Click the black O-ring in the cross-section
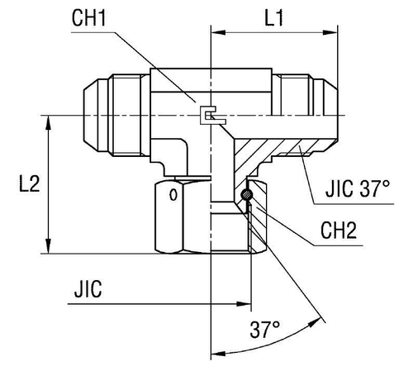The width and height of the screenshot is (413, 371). click(x=247, y=195)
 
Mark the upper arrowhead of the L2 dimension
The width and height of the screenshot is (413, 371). click(x=51, y=121)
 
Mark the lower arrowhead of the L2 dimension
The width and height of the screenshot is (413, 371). click(x=51, y=247)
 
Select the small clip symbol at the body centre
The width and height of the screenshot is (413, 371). click(x=211, y=117)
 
